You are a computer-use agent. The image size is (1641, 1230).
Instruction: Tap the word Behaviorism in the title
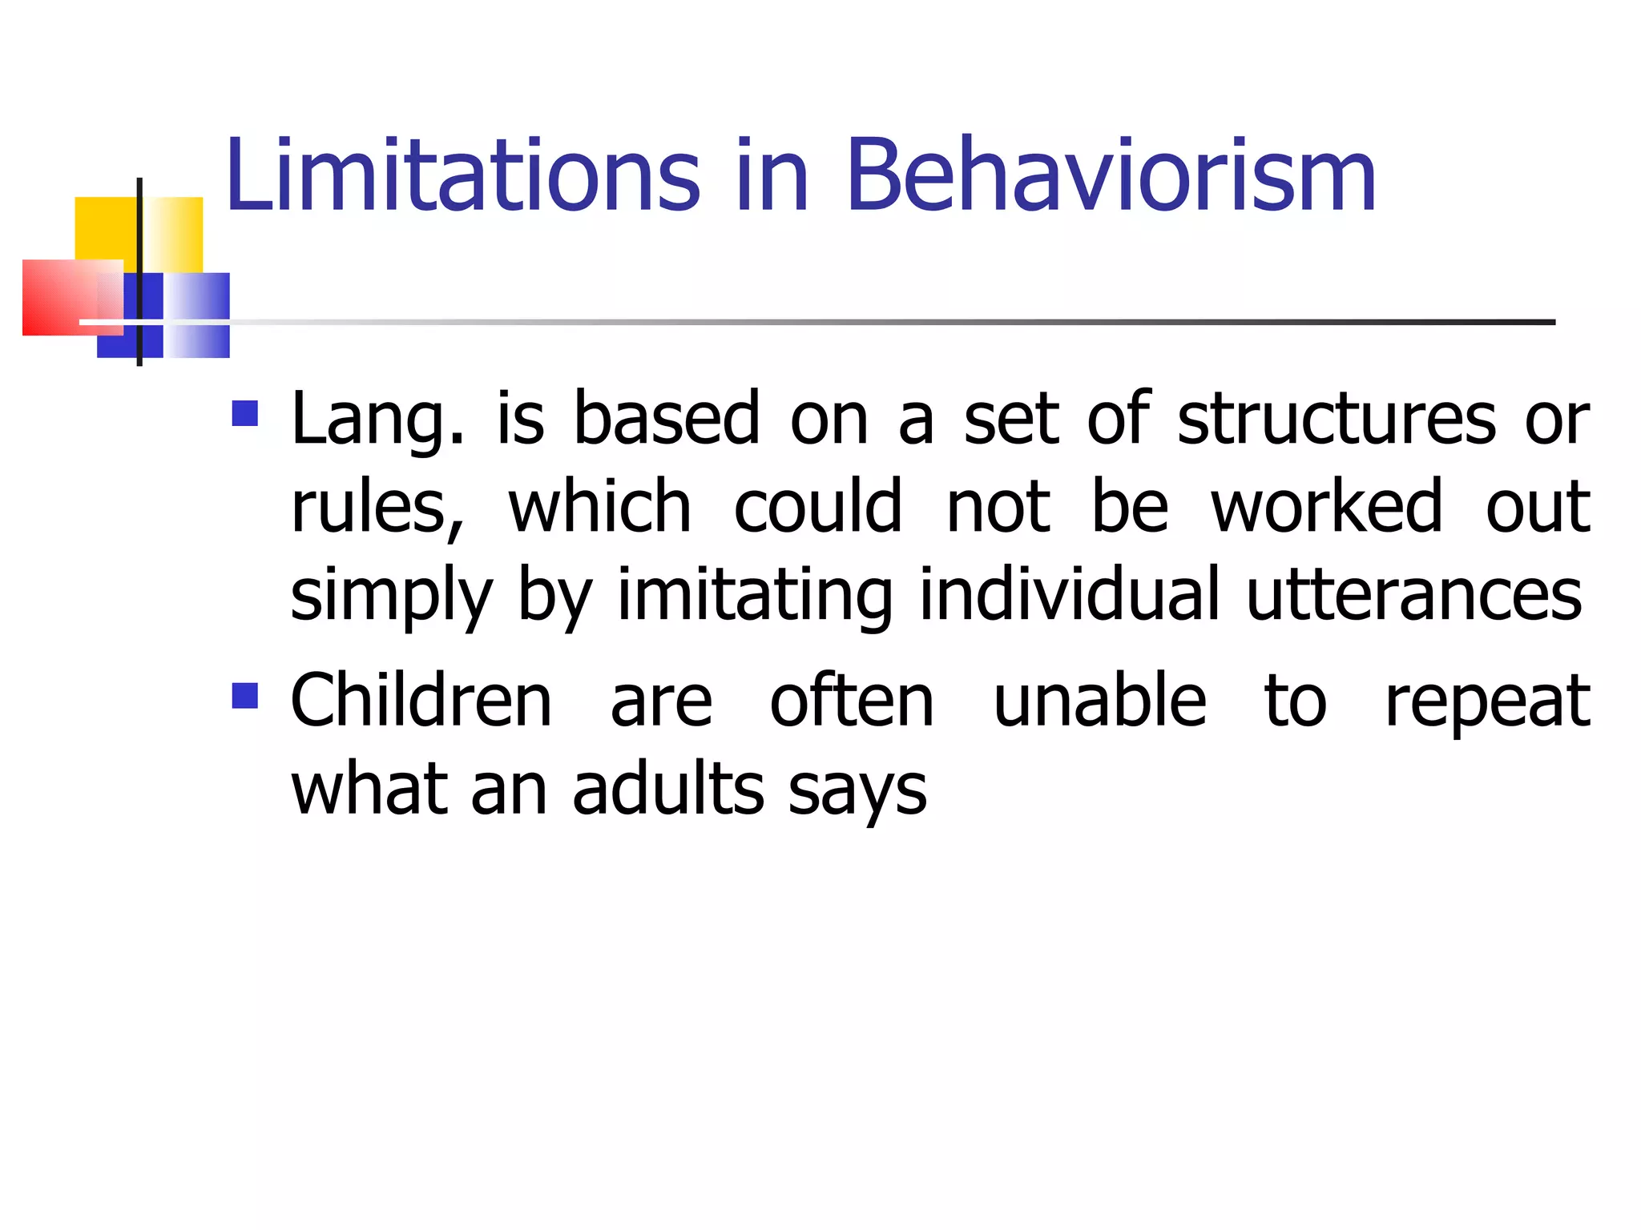point(1111,176)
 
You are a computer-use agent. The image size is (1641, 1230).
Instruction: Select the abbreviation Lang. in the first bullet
point(377,420)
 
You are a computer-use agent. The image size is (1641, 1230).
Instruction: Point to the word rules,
point(377,508)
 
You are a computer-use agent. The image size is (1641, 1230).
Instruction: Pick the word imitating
point(754,596)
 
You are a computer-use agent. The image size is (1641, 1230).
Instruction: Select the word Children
point(421,701)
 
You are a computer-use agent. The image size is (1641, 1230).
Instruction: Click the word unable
point(1099,701)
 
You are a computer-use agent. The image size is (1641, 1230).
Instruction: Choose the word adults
point(669,790)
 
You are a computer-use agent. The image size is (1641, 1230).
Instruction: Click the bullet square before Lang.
point(245,414)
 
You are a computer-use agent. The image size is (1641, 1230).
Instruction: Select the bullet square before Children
point(245,695)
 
